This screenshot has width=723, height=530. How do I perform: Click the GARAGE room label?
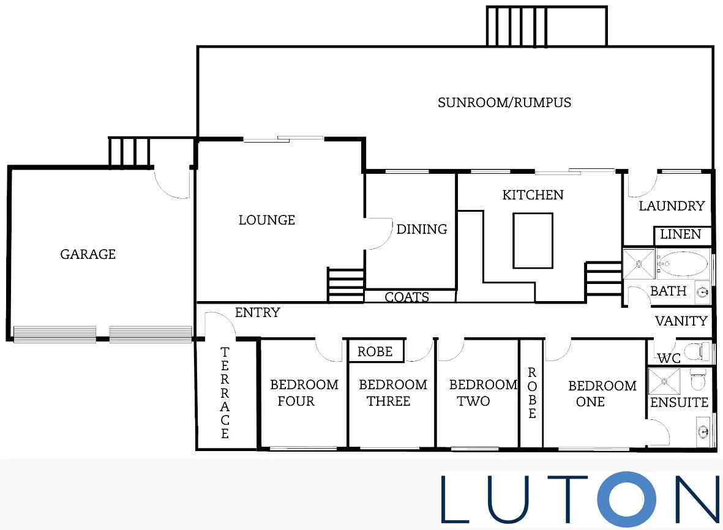(x=88, y=254)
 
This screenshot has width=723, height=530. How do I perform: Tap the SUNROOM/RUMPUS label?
(x=504, y=102)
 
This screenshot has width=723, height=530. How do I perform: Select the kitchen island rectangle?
(x=533, y=240)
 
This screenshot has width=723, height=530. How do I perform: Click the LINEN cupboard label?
(x=681, y=234)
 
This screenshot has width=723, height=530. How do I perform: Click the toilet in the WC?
(x=695, y=351)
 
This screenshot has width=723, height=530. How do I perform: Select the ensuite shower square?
(x=664, y=381)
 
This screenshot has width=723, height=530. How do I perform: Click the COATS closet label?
(x=406, y=297)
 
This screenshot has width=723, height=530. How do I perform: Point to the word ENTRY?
(x=257, y=313)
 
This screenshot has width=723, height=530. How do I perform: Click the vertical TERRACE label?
(x=225, y=393)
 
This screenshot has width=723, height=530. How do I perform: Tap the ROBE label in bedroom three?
(x=375, y=352)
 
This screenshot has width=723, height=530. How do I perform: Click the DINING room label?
(x=422, y=230)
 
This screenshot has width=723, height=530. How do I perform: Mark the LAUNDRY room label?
(x=672, y=206)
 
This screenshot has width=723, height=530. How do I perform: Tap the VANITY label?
(x=681, y=321)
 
